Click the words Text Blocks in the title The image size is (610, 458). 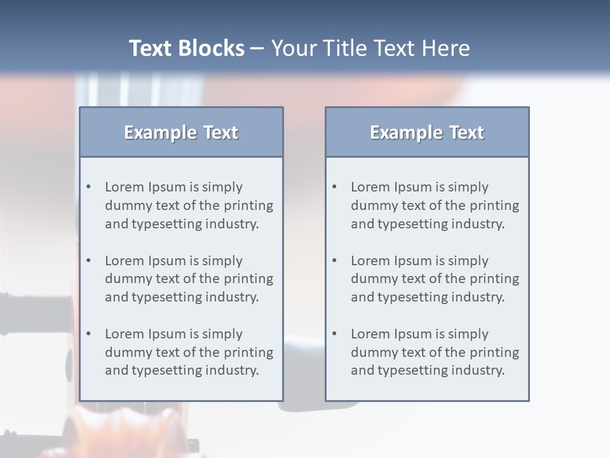(186, 48)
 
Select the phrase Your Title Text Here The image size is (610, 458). (370, 48)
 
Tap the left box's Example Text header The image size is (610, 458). (181, 132)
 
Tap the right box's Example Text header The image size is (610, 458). (427, 132)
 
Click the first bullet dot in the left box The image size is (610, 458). (89, 187)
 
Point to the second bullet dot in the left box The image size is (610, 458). (89, 261)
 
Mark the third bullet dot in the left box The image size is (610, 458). (89, 334)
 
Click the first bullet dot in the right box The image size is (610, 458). (335, 187)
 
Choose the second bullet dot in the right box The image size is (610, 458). (335, 261)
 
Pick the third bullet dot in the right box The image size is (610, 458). (335, 334)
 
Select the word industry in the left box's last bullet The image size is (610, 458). (233, 370)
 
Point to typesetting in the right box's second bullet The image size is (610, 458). (412, 297)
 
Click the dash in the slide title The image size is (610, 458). (257, 48)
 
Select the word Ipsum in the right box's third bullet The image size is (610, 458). (413, 334)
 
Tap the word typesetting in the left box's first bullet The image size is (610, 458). (166, 224)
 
